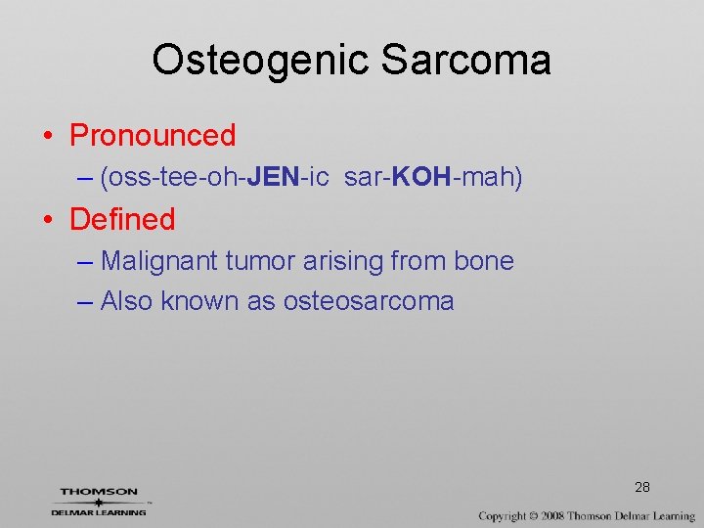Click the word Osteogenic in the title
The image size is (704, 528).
click(x=261, y=61)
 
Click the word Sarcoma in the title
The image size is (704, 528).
click(x=465, y=61)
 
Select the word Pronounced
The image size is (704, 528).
click(x=153, y=135)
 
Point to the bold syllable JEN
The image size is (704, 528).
click(x=274, y=178)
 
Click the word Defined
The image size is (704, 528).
click(x=122, y=219)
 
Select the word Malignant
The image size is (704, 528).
click(x=159, y=261)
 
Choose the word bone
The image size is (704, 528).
click(x=484, y=261)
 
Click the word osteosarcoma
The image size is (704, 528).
click(x=369, y=301)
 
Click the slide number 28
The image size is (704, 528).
click(x=642, y=487)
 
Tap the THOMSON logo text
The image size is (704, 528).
click(x=99, y=492)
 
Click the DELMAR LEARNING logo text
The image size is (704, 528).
click(x=99, y=511)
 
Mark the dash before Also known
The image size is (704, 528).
click(x=85, y=301)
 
